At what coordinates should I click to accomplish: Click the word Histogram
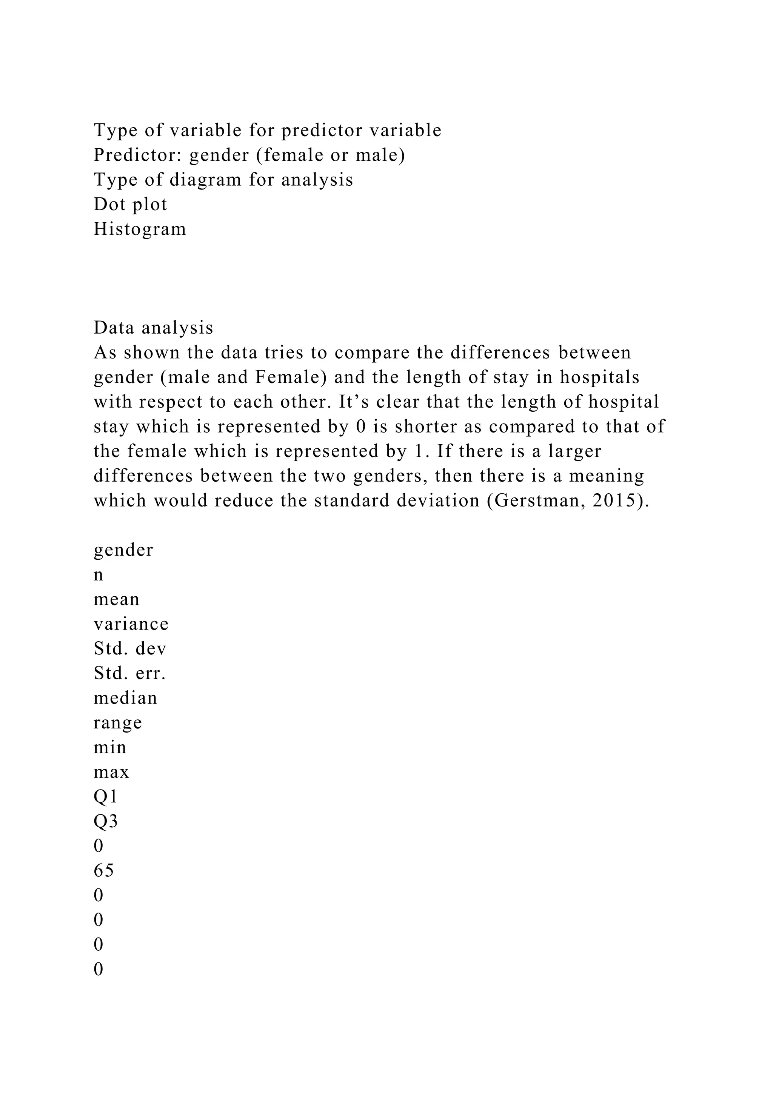click(x=139, y=229)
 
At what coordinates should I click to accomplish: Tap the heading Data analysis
click(x=153, y=328)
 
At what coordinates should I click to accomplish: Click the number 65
click(x=104, y=871)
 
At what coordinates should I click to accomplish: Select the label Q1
click(x=105, y=796)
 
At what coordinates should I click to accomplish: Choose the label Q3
click(x=105, y=821)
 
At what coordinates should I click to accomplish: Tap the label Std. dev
click(x=130, y=648)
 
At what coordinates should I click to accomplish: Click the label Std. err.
click(x=129, y=673)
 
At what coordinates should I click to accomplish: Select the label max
click(x=111, y=772)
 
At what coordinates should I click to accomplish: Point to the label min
click(x=110, y=747)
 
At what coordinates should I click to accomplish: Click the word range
click(x=117, y=723)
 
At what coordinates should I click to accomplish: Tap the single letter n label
click(x=99, y=574)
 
